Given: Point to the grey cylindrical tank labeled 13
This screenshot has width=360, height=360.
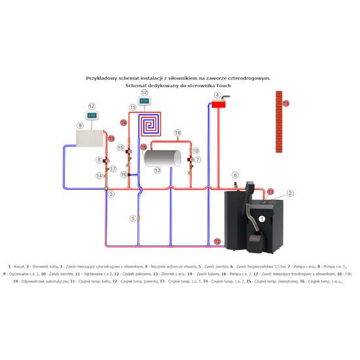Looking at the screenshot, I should [x=163, y=158].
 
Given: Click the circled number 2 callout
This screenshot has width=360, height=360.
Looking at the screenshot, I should [x=290, y=194].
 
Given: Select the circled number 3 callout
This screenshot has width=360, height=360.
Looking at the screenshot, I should [x=111, y=194].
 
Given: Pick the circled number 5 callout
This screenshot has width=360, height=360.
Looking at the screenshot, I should [x=132, y=218].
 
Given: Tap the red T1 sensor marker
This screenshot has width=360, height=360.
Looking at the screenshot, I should [x=271, y=192].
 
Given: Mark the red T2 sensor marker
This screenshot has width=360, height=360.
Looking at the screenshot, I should [x=217, y=242].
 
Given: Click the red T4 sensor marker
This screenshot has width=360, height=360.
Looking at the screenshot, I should [x=124, y=122].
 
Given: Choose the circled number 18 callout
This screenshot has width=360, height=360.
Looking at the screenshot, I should [x=176, y=134].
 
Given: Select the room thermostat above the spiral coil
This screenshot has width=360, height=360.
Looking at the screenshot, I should [x=145, y=102].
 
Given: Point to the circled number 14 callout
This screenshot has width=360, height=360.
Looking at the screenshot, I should [x=99, y=176].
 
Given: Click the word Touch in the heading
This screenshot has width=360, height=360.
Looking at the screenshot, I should [x=223, y=85].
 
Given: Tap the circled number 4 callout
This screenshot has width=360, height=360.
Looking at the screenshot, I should [x=217, y=95].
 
